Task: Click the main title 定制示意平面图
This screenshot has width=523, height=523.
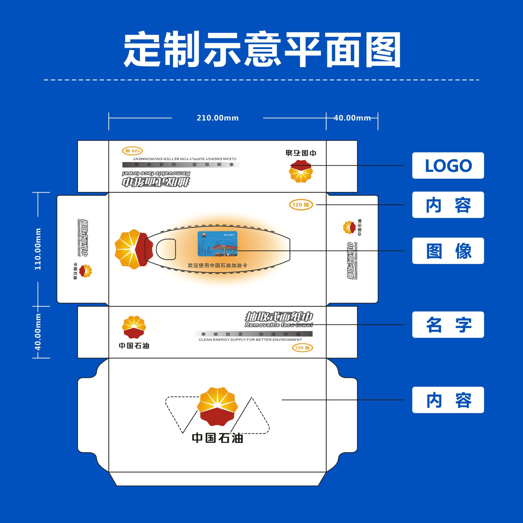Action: [262, 50]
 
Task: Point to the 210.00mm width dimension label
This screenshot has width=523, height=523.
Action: [218, 118]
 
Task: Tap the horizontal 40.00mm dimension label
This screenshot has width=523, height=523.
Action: [352, 118]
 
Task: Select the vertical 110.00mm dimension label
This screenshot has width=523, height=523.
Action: [38, 249]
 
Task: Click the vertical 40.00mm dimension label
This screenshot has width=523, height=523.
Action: [38, 332]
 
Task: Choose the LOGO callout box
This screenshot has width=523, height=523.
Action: [448, 165]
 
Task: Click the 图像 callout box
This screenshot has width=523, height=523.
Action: [448, 251]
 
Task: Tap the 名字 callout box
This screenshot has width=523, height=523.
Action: [448, 325]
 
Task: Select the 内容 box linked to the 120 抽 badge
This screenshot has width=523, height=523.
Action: [448, 205]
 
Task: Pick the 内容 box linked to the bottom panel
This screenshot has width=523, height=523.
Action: [448, 400]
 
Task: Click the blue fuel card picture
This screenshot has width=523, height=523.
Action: [217, 244]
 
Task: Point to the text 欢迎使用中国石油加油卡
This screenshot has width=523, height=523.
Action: [217, 265]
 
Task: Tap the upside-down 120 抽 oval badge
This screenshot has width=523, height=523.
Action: [132, 151]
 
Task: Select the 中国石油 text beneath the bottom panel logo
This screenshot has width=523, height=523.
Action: [217, 438]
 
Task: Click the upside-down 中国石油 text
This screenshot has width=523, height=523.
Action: [301, 153]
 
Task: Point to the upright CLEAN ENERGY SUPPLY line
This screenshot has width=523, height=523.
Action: [250, 340]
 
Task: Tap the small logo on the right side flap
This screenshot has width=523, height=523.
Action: [349, 227]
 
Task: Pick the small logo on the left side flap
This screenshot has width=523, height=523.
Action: [85, 271]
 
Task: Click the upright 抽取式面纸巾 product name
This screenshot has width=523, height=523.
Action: [279, 317]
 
